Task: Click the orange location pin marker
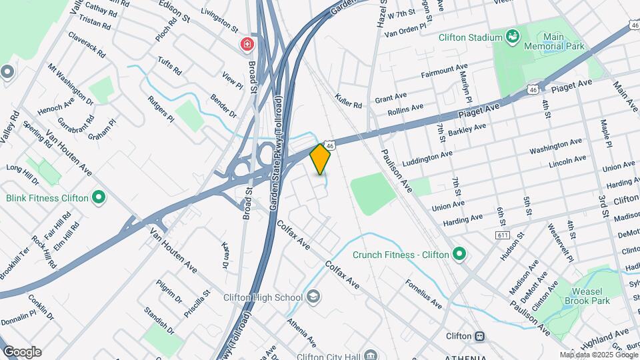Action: [321, 159]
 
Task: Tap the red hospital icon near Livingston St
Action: [247, 45]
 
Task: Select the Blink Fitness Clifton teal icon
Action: [99, 197]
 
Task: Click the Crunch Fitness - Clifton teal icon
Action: [459, 254]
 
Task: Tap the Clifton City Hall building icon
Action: [372, 355]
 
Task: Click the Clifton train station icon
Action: [479, 336]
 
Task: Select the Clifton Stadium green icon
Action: [512, 37]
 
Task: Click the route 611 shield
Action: [503, 236]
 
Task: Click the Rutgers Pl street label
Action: [161, 109]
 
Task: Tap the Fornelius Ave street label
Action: [423, 293]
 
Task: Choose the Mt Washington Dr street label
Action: [70, 84]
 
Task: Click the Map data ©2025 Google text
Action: [597, 355]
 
